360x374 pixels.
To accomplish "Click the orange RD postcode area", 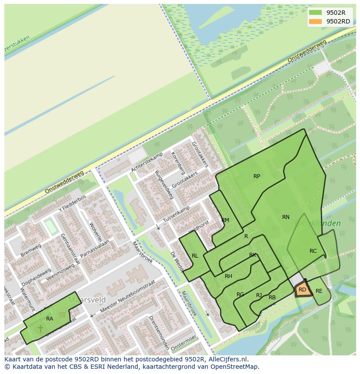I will click(x=303, y=289).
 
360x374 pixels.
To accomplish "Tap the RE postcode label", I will click(x=319, y=291).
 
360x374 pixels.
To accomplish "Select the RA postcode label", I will click(x=50, y=319).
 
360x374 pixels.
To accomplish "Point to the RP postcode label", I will click(x=257, y=176).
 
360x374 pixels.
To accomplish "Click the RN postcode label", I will click(x=286, y=217).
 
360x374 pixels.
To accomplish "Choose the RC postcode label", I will click(x=313, y=251).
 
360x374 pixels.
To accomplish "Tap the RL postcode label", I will click(x=195, y=256).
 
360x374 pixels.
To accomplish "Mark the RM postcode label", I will click(x=225, y=220).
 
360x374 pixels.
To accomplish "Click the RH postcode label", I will click(x=228, y=276).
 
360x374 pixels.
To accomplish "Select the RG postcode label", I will click(x=240, y=295).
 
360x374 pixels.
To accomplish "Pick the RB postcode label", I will click(x=272, y=298).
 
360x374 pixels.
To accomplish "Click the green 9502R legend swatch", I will click(x=315, y=13).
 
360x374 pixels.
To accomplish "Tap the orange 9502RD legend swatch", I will click(x=315, y=21).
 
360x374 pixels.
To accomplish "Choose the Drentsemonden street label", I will click(x=158, y=332).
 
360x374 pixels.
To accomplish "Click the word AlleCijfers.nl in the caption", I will click(x=228, y=359).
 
